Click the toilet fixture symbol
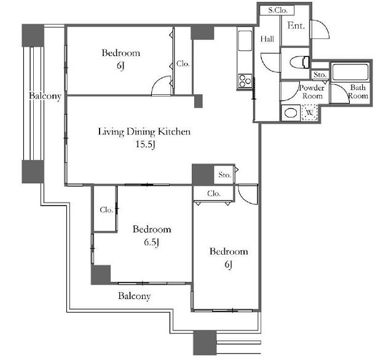(300, 62)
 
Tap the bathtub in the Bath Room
(350, 72)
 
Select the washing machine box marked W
(309, 113)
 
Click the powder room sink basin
(291, 113)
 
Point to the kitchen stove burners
(245, 81)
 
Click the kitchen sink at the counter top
(245, 41)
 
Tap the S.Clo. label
(277, 10)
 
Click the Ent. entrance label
(296, 25)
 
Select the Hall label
(267, 39)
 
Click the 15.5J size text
(145, 144)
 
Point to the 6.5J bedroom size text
(151, 242)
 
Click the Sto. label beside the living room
(224, 175)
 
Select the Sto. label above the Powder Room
(320, 74)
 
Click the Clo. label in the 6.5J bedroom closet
(106, 210)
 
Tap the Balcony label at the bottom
(134, 296)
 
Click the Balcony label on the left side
(45, 96)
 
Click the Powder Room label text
(312, 92)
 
